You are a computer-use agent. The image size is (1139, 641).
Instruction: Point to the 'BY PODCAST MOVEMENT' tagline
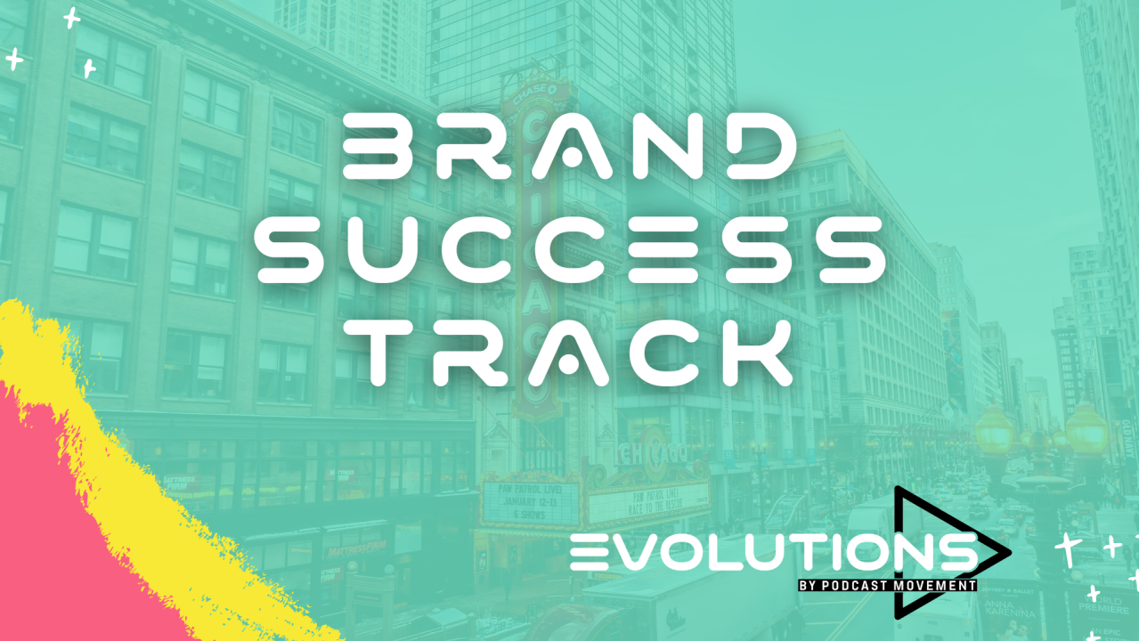(887, 586)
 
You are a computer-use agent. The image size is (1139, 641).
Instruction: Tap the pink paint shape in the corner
(62, 543)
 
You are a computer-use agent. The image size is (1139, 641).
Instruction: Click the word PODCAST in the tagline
(871, 586)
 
